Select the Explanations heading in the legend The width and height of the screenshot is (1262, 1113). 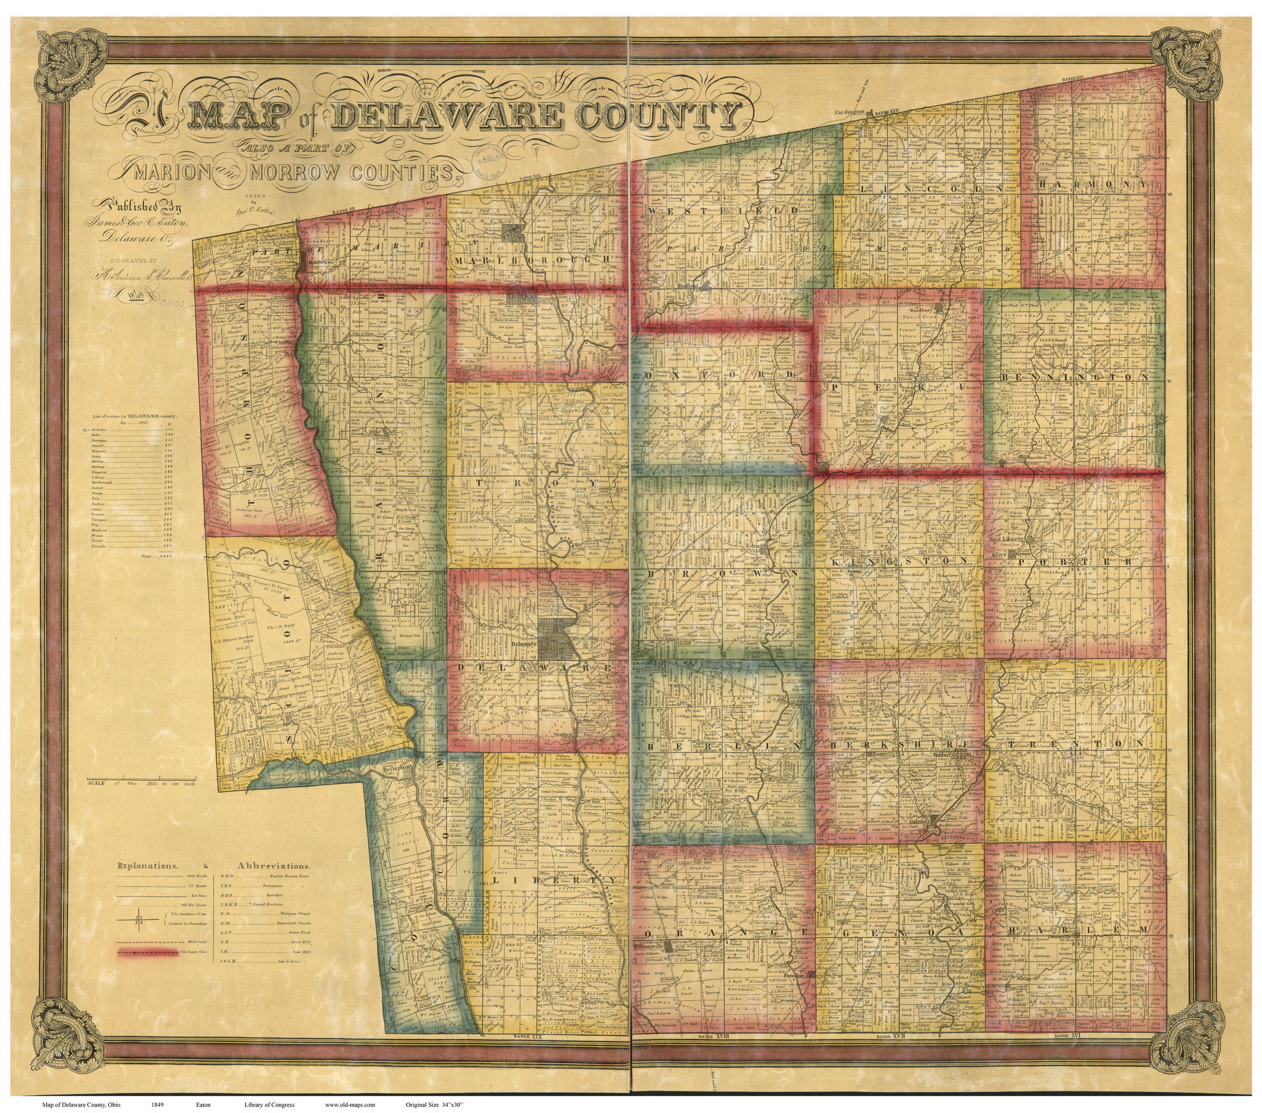tap(148, 866)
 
